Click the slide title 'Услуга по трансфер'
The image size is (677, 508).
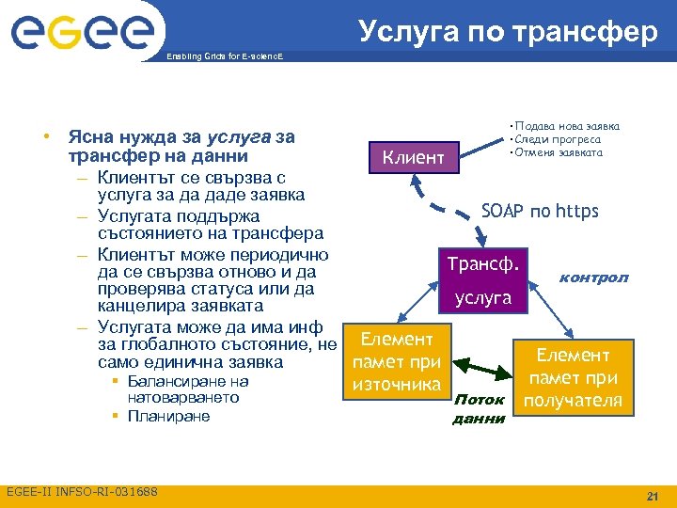pyautogui.click(x=508, y=31)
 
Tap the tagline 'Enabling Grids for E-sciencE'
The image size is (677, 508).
pyautogui.click(x=222, y=57)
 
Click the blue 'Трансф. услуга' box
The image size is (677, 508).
pyautogui.click(x=483, y=279)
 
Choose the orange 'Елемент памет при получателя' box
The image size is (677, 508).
pyautogui.click(x=573, y=378)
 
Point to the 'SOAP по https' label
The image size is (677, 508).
pyautogui.click(x=539, y=210)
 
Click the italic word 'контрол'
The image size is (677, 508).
pyautogui.click(x=593, y=278)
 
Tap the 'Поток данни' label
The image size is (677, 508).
pyautogui.click(x=479, y=409)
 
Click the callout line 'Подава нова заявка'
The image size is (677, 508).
pyautogui.click(x=564, y=126)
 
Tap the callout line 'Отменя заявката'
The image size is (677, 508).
pyautogui.click(x=557, y=152)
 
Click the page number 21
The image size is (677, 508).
pyautogui.click(x=651, y=496)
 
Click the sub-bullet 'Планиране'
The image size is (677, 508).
pyautogui.click(x=168, y=416)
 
